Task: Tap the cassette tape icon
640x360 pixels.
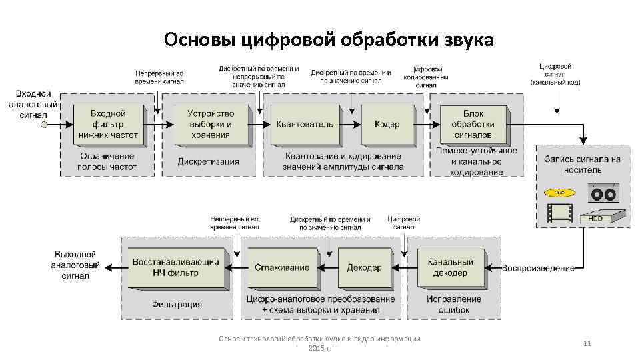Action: (604, 193)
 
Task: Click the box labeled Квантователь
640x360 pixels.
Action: (305, 125)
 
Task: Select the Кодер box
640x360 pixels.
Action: (387, 125)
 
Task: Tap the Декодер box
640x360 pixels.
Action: (364, 267)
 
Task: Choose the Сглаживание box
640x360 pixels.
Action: (281, 267)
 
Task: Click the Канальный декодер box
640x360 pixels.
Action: (450, 267)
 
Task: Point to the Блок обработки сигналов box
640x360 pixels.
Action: (473, 125)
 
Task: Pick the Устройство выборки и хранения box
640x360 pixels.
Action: (210, 125)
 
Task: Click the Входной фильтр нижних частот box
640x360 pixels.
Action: (108, 125)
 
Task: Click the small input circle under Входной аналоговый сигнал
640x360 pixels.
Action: (44, 125)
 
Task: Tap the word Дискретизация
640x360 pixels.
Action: (209, 161)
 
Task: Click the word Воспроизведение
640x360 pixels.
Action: (538, 268)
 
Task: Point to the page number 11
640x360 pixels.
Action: (587, 343)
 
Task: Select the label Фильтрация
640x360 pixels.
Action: (177, 305)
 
